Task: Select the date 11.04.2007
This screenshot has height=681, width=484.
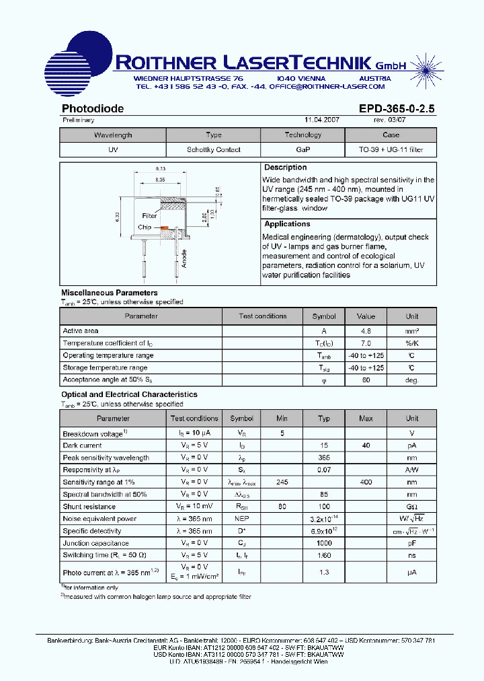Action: pos(322,120)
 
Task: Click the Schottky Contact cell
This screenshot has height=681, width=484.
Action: pos(213,150)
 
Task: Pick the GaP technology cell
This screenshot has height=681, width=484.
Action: pos(302,150)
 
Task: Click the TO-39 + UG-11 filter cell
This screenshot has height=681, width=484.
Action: pos(391,150)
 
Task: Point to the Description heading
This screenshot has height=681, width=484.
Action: pos(285,168)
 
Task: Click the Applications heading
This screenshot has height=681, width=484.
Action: pos(287,224)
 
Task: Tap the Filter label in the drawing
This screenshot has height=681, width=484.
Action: pos(149,216)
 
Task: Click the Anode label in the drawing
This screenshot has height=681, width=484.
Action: pos(184,258)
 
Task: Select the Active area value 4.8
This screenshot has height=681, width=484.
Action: pos(366,331)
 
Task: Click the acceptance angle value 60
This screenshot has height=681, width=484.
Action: pos(366,380)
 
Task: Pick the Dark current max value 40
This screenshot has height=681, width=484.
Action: pos(366,445)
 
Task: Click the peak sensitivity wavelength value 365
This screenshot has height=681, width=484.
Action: pos(324,458)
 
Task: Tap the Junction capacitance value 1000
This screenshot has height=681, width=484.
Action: pos(324,543)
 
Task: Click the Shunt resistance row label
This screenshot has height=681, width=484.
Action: pos(89,507)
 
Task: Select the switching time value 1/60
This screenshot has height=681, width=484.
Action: pos(324,555)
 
